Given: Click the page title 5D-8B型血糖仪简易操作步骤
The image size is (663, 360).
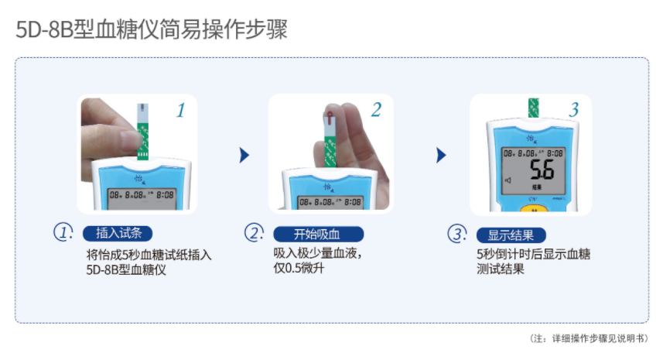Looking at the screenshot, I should point(152,31).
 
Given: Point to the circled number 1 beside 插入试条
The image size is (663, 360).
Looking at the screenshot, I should point(63,232).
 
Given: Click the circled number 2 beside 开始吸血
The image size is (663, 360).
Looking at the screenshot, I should point(255,233).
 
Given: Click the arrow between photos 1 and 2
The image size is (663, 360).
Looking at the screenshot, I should point(244,155).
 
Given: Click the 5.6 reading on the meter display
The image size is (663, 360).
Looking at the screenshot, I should point(540,170).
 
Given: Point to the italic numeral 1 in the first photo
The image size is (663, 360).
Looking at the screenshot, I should point(180,111).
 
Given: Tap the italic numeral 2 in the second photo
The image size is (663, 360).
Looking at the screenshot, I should point(377,110).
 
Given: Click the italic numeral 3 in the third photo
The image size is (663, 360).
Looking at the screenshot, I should point(573,110).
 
